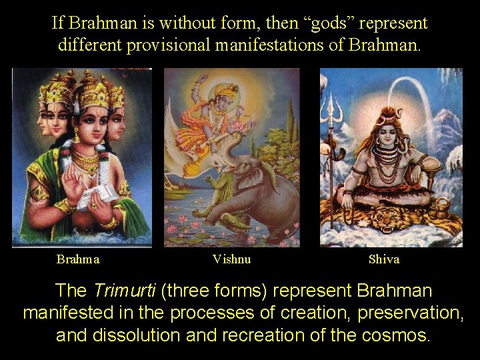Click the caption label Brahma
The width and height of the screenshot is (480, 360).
point(78,259)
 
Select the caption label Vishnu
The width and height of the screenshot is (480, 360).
point(231,259)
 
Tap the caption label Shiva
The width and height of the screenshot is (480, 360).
point(384,259)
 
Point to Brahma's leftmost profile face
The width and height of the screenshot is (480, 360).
point(43,120)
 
